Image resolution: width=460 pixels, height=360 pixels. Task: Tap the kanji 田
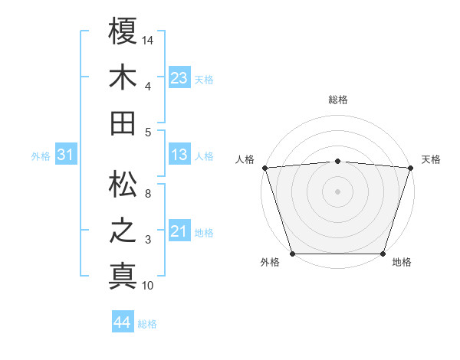[123, 123]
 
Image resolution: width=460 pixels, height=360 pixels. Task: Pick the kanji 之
[123, 231]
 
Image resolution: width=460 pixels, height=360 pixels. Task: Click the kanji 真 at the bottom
[123, 276]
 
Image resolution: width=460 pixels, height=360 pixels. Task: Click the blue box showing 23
[179, 77]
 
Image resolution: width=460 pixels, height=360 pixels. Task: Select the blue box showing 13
[179, 155]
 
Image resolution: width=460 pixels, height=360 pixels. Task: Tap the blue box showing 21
[179, 231]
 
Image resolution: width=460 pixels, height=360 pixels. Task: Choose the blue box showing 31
[66, 155]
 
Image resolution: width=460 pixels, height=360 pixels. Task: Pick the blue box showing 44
[122, 322]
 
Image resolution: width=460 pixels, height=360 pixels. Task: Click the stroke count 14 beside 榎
[148, 39]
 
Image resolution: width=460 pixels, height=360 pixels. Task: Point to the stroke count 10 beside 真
[148, 286]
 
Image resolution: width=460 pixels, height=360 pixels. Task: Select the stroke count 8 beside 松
[148, 193]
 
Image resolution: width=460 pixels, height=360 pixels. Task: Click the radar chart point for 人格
[264, 168]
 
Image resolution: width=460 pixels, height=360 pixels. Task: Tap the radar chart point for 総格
[337, 161]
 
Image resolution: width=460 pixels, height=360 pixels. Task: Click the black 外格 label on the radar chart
[270, 262]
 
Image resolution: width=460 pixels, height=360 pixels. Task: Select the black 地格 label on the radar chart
[402, 262]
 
